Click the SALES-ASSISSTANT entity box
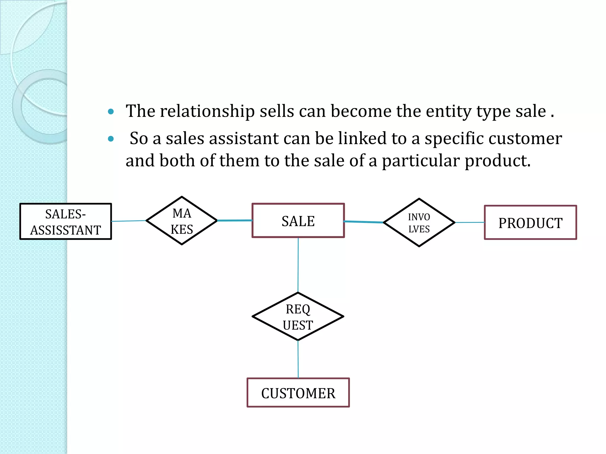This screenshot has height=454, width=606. tap(65, 221)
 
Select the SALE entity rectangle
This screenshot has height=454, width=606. tap(298, 220)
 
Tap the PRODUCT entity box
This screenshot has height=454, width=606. tap(530, 223)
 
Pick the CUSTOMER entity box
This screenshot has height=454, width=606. tap(298, 393)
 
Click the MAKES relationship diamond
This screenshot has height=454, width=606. tap(182, 221)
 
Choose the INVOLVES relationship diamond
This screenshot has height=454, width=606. tap(419, 223)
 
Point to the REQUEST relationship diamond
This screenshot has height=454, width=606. tap(298, 317)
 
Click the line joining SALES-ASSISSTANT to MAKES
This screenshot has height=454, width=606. tap(129, 221)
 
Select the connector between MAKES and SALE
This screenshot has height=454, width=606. tap(235, 220)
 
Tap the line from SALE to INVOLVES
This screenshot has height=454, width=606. tap(364, 222)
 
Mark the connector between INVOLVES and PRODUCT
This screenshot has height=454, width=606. tap(470, 223)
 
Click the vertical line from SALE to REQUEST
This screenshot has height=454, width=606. tap(298, 265)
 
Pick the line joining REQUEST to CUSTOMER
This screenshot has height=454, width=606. tap(298, 359)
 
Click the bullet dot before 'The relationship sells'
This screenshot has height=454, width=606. tap(111, 111)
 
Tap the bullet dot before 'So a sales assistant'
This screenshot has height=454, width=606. tap(111, 139)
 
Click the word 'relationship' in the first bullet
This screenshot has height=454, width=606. tap(207, 111)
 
